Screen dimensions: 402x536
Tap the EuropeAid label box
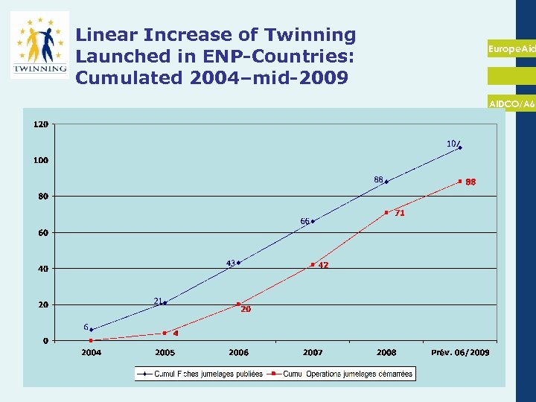tap(511, 48)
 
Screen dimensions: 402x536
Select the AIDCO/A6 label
tap(511, 105)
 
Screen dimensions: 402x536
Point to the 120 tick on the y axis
tap(40, 124)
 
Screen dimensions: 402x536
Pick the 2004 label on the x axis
tap(92, 352)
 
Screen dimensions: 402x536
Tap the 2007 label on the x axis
tap(313, 352)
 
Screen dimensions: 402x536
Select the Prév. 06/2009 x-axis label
tap(460, 352)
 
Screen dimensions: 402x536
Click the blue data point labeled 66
tap(313, 221)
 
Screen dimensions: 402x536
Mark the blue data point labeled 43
tap(238, 263)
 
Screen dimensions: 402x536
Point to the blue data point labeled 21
tap(165, 303)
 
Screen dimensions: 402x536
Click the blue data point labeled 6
tap(91, 330)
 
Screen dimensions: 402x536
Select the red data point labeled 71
tap(386, 212)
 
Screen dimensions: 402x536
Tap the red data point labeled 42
tap(313, 264)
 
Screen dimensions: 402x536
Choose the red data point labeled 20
tap(238, 304)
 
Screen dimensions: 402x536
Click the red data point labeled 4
tap(165, 333)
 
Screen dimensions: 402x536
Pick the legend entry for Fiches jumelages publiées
tap(201, 374)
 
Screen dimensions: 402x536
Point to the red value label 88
tap(470, 182)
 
